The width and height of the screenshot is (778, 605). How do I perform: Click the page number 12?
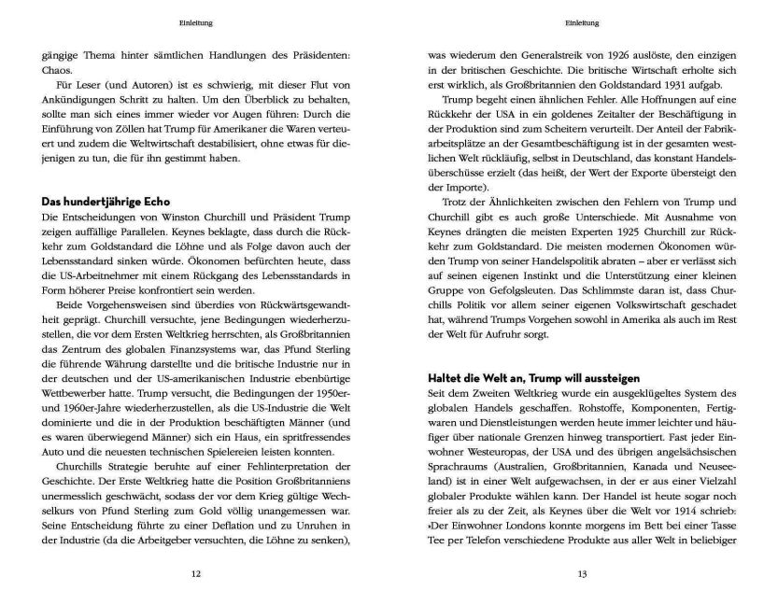point(196,574)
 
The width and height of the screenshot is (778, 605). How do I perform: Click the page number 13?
point(582,574)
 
